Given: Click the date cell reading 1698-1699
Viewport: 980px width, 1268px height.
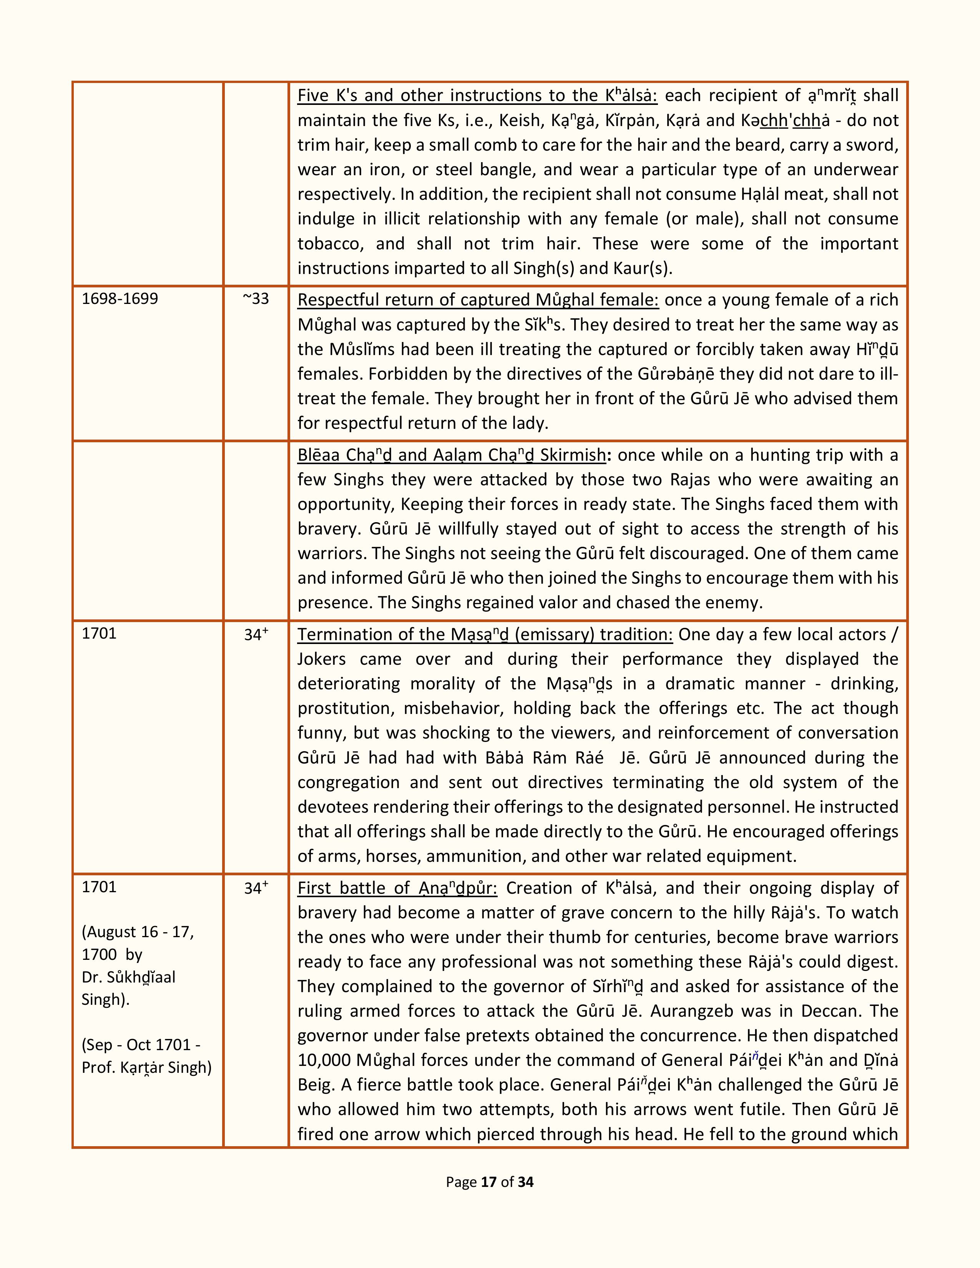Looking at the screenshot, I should pos(120,299).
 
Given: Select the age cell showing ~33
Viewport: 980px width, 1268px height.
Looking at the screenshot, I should pos(256,299).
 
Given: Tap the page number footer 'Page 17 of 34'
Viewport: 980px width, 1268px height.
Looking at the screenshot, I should pos(489,1182).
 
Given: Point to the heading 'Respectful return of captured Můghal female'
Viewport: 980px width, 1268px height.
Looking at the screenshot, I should pos(478,300).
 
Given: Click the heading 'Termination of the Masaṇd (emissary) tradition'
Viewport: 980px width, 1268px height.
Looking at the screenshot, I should pos(485,634).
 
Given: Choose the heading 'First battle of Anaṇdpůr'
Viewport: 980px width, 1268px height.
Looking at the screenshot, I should pos(399,888).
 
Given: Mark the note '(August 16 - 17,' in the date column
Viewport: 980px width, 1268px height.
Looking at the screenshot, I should pos(138,932).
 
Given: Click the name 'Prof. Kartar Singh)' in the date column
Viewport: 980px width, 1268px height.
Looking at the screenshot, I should pos(146,1067).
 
